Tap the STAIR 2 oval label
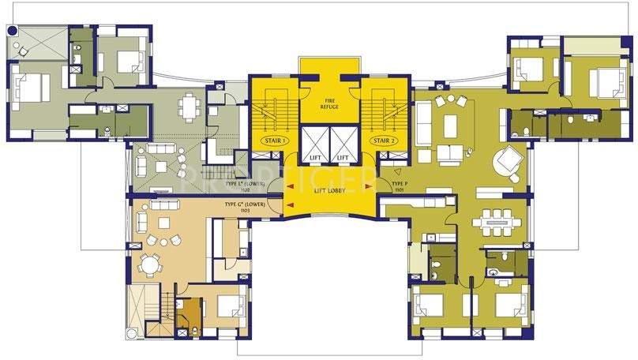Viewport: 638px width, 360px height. click(386, 141)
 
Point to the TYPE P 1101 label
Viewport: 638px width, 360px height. click(398, 187)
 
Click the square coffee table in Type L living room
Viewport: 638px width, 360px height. click(160, 165)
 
